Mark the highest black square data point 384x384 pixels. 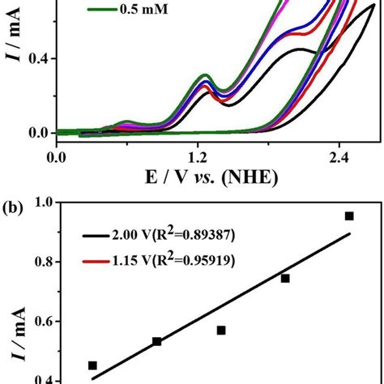tap(349, 215)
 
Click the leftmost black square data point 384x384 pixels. tap(92, 365)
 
